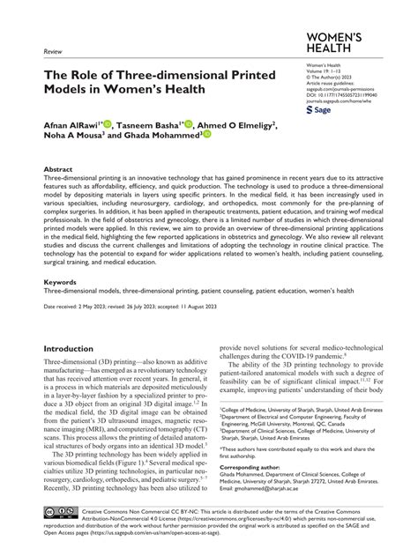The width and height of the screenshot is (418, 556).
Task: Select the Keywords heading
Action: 61,283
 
